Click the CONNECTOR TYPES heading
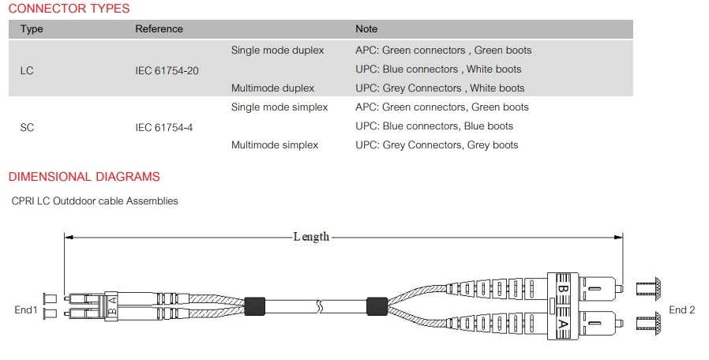(x=69, y=9)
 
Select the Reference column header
(x=159, y=29)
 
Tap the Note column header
(x=366, y=29)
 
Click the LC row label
(x=27, y=70)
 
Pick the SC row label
(x=27, y=128)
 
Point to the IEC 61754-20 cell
(x=167, y=70)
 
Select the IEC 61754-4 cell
(x=163, y=128)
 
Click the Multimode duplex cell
(x=272, y=88)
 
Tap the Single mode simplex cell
(x=279, y=107)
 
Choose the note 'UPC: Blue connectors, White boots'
(x=438, y=69)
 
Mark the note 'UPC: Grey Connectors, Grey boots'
(x=437, y=145)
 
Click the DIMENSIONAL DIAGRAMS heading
(x=84, y=176)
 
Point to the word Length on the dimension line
(x=312, y=237)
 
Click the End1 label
(x=26, y=309)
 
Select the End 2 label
(x=682, y=309)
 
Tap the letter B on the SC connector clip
(x=562, y=288)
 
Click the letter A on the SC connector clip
(x=562, y=324)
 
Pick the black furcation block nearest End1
(x=254, y=306)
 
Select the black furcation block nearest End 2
(x=377, y=306)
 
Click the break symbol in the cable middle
(x=320, y=306)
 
